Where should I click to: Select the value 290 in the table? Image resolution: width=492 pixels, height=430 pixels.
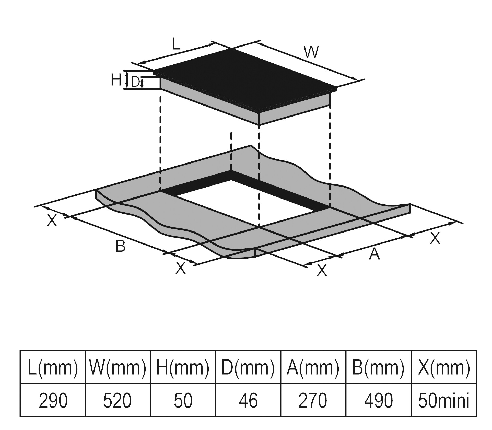point(53,400)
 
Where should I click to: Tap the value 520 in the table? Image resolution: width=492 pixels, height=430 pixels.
point(118,400)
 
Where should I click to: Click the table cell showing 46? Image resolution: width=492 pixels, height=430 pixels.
point(248,400)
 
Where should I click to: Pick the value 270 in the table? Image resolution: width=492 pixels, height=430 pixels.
point(313,400)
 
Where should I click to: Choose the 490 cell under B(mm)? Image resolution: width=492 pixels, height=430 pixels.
point(378,400)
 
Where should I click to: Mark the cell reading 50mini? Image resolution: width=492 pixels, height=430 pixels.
point(444,400)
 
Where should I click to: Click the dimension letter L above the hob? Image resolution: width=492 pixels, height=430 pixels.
point(176,44)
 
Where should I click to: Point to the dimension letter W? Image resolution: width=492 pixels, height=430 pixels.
point(312,52)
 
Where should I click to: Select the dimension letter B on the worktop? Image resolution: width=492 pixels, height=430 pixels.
point(121,246)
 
